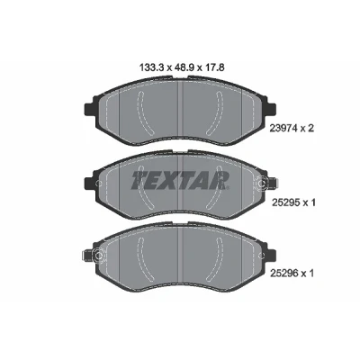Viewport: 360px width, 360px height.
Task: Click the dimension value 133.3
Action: coord(152,67)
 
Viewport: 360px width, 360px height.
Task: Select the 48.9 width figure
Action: coord(183,67)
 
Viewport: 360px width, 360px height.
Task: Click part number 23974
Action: coord(284,129)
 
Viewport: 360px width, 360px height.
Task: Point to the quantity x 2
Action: coord(309,129)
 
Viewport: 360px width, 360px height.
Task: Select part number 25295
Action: coord(284,203)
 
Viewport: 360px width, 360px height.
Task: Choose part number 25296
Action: coord(284,273)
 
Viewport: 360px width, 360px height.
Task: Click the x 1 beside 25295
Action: coord(309,203)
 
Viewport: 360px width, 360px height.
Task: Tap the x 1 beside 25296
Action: coord(309,273)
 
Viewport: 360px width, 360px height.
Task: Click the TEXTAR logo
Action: coord(180,181)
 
